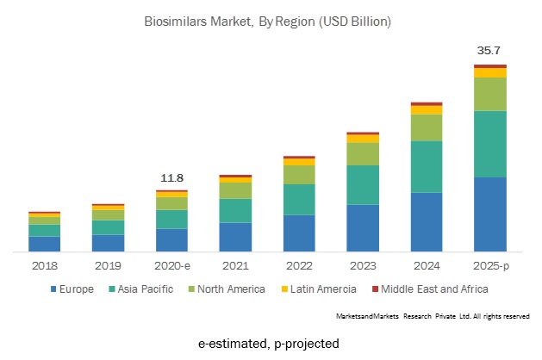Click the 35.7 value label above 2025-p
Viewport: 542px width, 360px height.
[489, 51]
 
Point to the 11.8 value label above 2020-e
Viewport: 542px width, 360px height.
[172, 178]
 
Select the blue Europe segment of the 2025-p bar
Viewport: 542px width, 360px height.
[489, 214]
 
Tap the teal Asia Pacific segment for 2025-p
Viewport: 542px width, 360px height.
[489, 144]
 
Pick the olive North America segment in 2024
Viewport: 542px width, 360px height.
[427, 127]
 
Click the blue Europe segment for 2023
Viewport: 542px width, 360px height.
[363, 228]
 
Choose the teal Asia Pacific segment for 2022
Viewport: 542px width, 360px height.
[299, 199]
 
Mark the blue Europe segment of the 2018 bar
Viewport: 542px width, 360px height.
[45, 244]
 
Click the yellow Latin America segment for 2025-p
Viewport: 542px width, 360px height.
[489, 72]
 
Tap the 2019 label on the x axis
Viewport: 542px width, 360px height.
[108, 266]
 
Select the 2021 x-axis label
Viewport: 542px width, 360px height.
[235, 266]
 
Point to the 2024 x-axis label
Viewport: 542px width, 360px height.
[427, 266]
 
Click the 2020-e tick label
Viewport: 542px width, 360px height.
[171, 266]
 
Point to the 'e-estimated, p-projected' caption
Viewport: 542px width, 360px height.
[269, 344]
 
